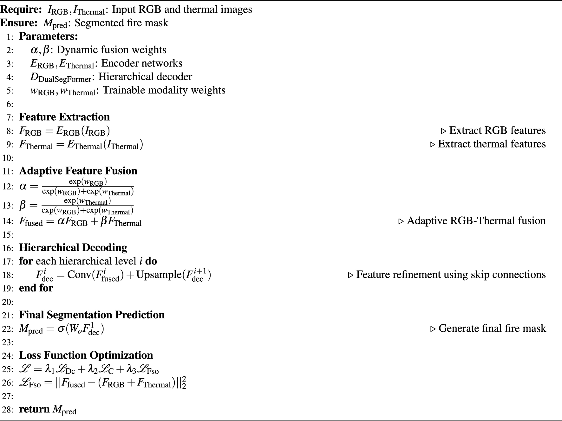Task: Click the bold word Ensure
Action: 17,23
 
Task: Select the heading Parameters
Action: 48,36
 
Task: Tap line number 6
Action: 10,104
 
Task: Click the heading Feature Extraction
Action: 64,117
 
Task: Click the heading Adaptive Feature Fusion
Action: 78,171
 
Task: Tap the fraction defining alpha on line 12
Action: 88,187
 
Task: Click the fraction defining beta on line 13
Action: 88,206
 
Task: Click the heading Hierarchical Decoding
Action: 73,247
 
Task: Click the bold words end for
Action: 36,288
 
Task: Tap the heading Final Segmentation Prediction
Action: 92,315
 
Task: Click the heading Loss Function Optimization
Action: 86,355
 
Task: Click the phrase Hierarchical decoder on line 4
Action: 145,77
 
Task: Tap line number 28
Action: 8,410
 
